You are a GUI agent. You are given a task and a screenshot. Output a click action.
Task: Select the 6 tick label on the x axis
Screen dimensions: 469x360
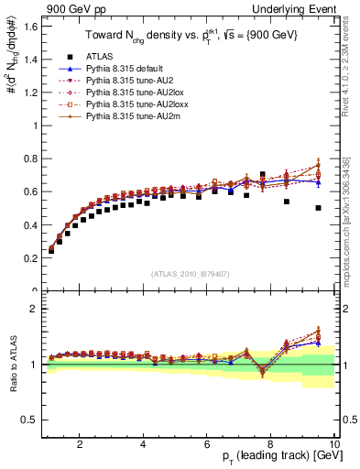[x=207, y=444]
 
